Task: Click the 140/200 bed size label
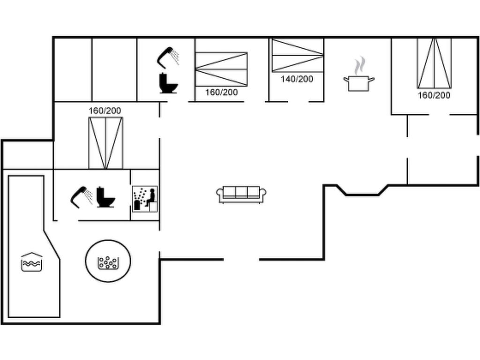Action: point(297,79)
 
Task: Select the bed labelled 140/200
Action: point(298,55)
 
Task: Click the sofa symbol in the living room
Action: point(241,194)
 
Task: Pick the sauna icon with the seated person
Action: point(145,199)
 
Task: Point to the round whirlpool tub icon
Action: point(108,261)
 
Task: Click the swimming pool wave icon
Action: point(32,262)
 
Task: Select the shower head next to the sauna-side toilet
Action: point(81,196)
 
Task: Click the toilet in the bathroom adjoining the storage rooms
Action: point(168,83)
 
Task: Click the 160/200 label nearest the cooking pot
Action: point(434,95)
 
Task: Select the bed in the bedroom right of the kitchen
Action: point(434,63)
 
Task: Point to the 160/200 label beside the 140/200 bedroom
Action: point(221,92)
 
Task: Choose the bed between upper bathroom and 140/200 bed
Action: point(221,69)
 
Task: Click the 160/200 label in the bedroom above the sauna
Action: point(105,111)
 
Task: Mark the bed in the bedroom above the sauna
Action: point(105,143)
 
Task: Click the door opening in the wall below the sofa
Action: point(241,259)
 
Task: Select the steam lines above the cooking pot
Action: point(359,65)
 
